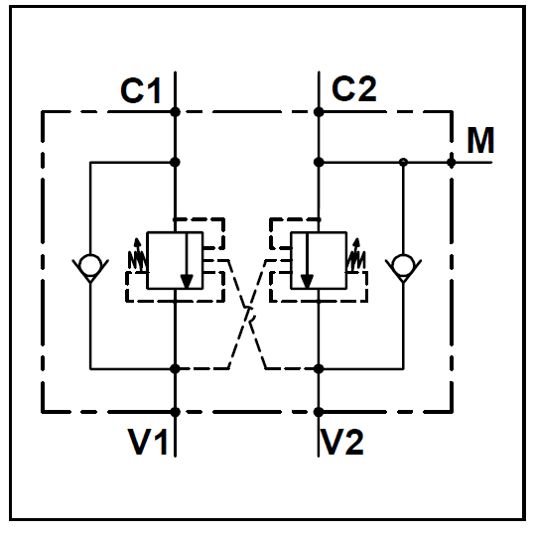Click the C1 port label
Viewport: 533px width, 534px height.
coord(140,90)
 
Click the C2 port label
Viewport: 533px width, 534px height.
coord(354,88)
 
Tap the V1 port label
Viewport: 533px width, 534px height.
coord(147,442)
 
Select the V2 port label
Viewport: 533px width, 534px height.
coord(343,442)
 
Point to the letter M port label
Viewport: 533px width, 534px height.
coord(480,140)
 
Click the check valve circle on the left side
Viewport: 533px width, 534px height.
coord(90,265)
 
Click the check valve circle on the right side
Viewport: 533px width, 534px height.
coord(403,265)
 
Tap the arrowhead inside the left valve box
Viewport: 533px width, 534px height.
coord(187,281)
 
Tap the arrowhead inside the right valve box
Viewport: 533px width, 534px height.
coord(307,281)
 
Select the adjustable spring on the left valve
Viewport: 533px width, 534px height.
coord(137,256)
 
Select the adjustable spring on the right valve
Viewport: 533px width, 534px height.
coord(356,256)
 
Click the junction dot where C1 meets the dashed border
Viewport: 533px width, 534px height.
coord(175,112)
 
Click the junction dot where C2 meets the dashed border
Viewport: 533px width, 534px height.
coord(319,112)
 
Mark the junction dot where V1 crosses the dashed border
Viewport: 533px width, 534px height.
coord(175,412)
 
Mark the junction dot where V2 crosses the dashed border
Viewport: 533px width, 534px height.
coord(319,412)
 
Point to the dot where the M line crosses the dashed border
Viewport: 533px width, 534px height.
coord(452,163)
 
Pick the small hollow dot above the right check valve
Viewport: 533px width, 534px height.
coord(403,162)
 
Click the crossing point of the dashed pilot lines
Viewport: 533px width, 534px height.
coord(247,315)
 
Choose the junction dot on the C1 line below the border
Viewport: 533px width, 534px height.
coord(175,163)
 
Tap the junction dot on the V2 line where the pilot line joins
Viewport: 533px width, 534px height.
coord(319,368)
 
